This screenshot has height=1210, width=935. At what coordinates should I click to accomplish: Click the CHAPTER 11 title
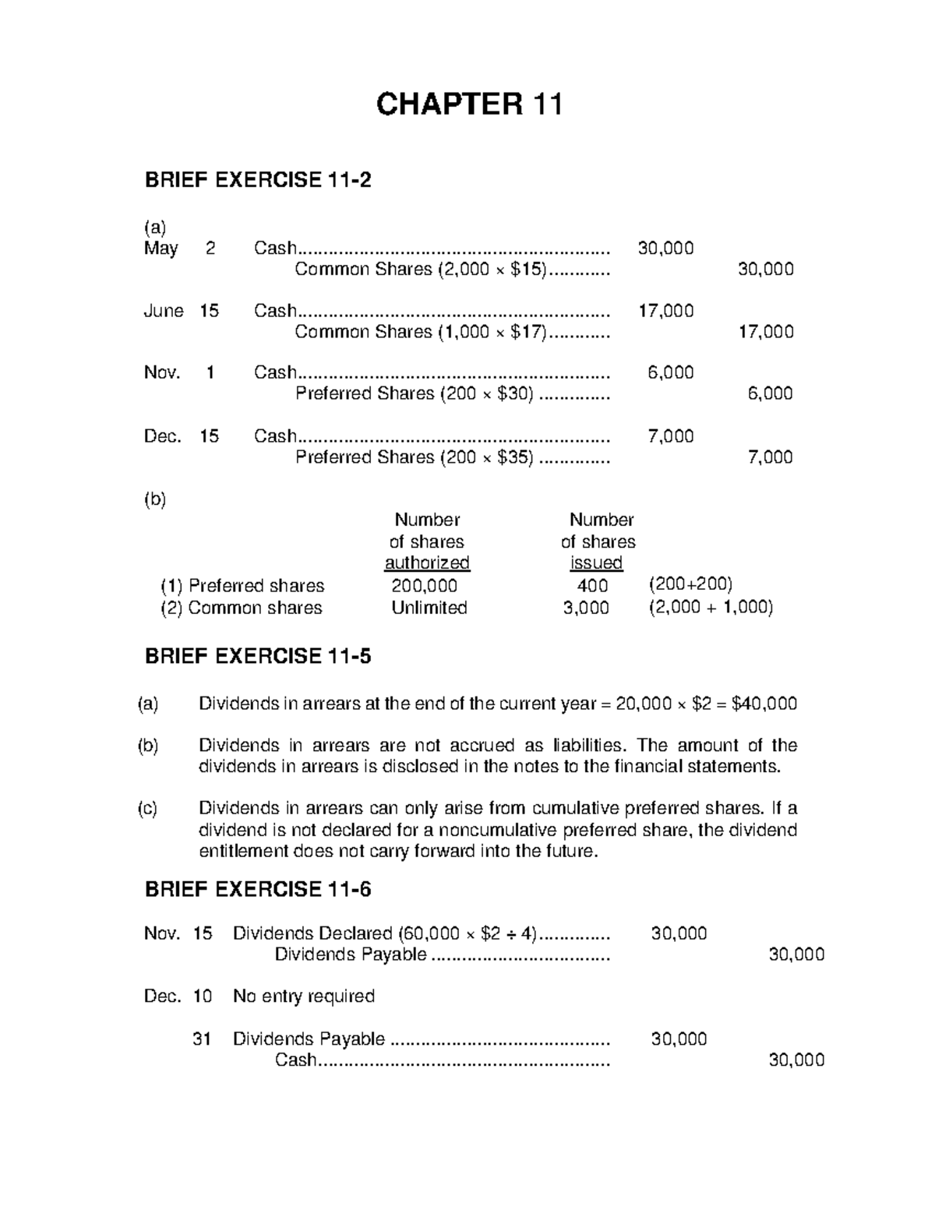[x=468, y=104]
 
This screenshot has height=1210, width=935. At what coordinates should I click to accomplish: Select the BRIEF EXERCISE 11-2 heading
[x=258, y=180]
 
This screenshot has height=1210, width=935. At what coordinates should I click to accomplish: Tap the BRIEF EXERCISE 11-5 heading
[x=258, y=656]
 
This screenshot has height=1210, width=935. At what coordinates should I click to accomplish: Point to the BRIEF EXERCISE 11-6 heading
[x=258, y=889]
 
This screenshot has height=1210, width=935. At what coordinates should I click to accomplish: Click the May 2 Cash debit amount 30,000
[x=665, y=248]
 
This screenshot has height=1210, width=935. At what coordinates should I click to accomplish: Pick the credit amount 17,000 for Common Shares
[x=765, y=332]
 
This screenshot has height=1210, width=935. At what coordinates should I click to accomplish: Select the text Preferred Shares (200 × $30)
[x=415, y=393]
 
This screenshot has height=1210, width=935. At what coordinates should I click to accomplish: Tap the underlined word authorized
[x=427, y=563]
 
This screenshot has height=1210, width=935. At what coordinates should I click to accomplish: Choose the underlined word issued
[x=596, y=563]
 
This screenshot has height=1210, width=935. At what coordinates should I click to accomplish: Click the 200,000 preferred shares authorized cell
[x=425, y=585]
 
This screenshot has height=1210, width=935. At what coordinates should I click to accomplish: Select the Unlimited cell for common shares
[x=429, y=608]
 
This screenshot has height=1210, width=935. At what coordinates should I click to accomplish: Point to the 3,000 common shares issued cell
[x=586, y=608]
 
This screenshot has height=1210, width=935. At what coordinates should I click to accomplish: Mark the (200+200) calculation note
[x=690, y=584]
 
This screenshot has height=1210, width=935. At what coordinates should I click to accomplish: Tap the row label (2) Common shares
[x=241, y=608]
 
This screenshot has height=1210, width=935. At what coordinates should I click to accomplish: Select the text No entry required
[x=304, y=996]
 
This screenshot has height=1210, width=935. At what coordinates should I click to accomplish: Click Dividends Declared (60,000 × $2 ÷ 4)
[x=385, y=933]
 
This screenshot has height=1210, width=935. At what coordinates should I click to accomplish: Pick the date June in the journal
[x=164, y=311]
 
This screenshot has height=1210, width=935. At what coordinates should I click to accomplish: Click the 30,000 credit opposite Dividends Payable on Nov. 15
[x=796, y=954]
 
